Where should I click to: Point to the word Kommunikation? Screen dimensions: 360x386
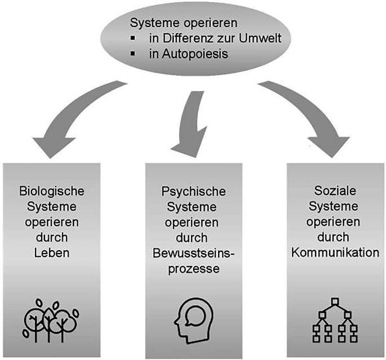pyautogui.click(x=335, y=253)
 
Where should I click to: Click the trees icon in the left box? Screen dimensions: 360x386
pyautogui.click(x=50, y=319)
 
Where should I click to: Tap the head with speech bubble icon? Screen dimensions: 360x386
pyautogui.click(x=191, y=320)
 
